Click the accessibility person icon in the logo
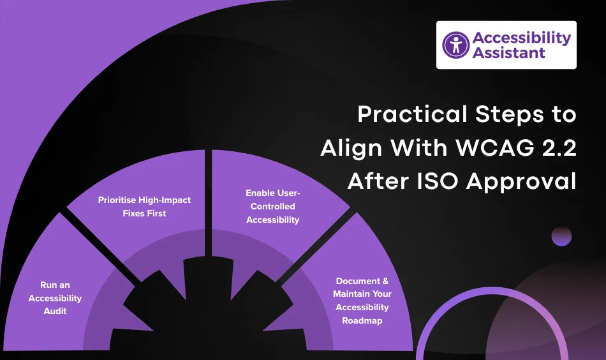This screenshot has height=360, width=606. pos(455,45)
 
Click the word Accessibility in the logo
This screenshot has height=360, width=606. pos(521,38)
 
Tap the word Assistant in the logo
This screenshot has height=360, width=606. pos(509,53)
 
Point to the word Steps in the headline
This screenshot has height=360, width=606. pos(506,115)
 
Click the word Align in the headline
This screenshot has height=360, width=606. pos(350,148)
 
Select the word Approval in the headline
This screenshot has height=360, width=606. pos(522,181)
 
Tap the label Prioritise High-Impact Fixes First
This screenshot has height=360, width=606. pos(144,206)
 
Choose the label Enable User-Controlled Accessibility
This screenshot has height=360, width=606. pos(274,206)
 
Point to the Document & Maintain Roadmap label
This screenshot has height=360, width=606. pos(362,301)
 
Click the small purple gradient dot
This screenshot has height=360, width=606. pos(561,237)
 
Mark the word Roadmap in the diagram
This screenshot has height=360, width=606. pos(362,320)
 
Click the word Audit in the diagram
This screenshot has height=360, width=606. pos(55,311)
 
